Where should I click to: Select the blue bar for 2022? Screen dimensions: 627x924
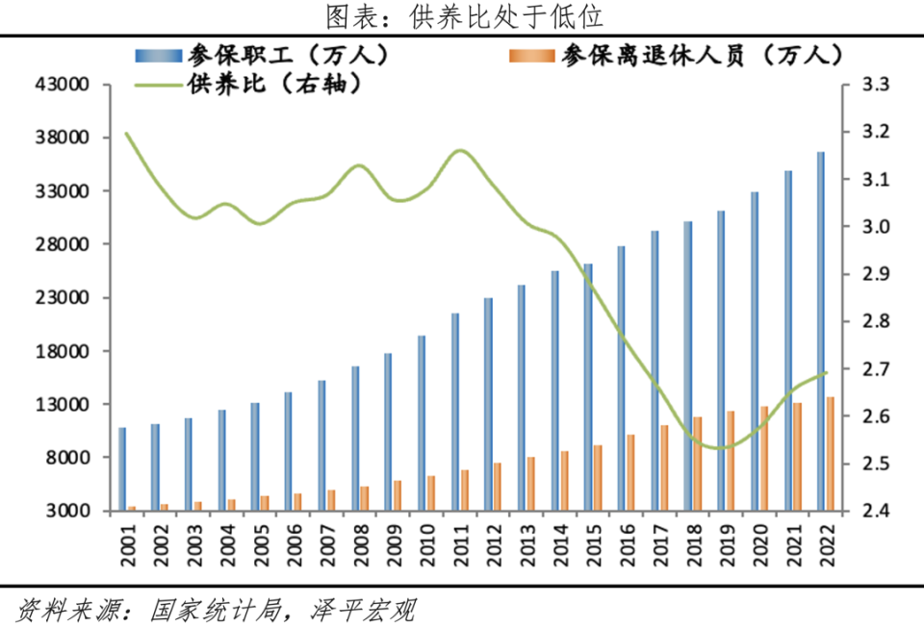(x=821, y=331)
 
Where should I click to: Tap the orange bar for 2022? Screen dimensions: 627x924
(x=831, y=453)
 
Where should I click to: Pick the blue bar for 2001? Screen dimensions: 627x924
(x=122, y=468)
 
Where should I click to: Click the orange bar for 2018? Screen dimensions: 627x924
(x=698, y=463)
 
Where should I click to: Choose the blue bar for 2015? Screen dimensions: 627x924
(x=588, y=387)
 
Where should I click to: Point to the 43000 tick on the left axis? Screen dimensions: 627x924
(x=62, y=85)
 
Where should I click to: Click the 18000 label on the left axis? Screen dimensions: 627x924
(x=62, y=352)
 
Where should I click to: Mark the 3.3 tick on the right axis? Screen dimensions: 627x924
(x=871, y=86)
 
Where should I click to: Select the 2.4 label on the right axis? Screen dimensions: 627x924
(x=871, y=512)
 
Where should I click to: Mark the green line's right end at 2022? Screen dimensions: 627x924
(x=827, y=373)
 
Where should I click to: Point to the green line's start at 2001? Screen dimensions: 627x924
(x=126, y=133)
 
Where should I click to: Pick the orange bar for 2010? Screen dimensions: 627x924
(x=431, y=492)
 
